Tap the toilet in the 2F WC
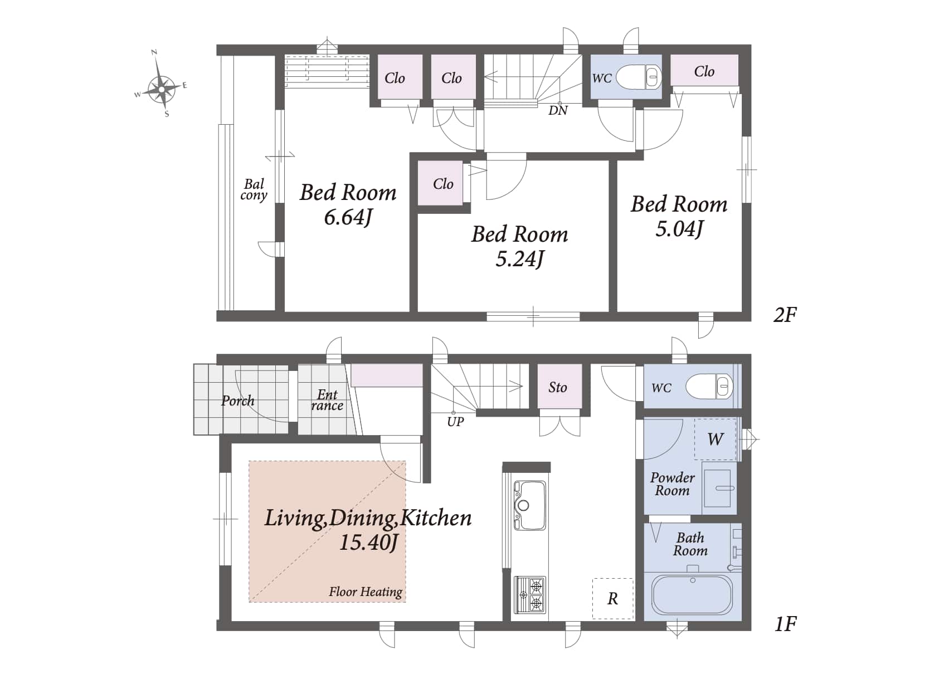[639, 77]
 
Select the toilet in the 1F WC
[710, 386]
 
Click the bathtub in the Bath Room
[692, 595]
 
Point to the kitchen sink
[530, 506]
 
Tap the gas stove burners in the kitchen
[530, 595]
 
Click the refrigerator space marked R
[613, 599]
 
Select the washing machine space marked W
[715, 439]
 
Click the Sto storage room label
[558, 387]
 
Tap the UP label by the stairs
[456, 422]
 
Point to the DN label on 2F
[558, 110]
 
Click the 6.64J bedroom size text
[348, 217]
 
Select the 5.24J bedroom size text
[519, 258]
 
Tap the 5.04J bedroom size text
[679, 229]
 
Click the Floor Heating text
[366, 592]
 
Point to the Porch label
[238, 400]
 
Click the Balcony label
[254, 189]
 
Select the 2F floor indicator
[785, 315]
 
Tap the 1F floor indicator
[786, 624]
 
